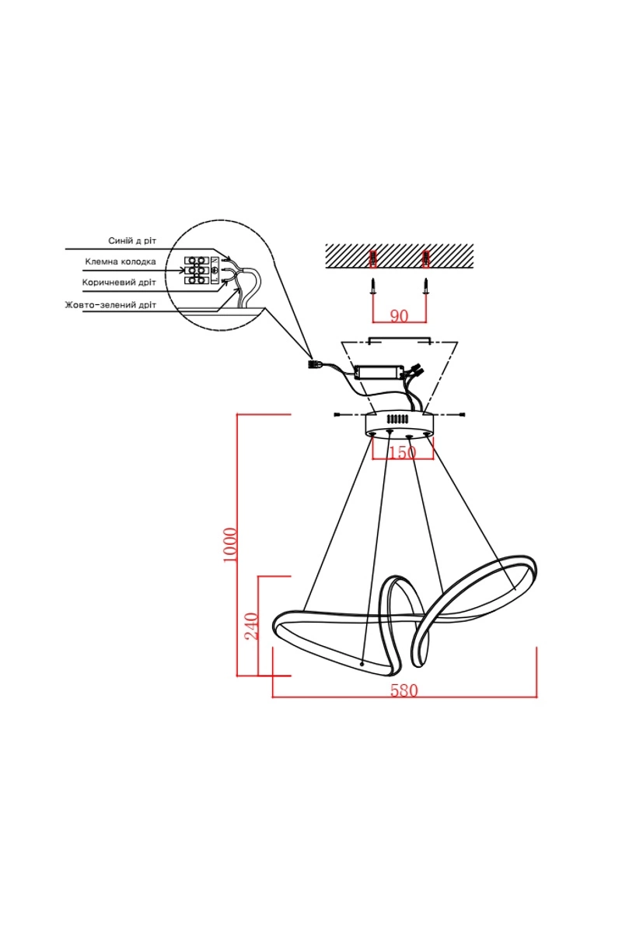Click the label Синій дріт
click(132, 241)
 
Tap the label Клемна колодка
click(121, 262)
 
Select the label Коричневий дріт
click(119, 283)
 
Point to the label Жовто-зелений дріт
click(111, 305)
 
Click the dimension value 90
click(399, 316)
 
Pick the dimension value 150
click(402, 452)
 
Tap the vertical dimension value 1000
click(230, 545)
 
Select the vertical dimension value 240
click(252, 626)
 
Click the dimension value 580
click(404, 691)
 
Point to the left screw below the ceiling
click(374, 287)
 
